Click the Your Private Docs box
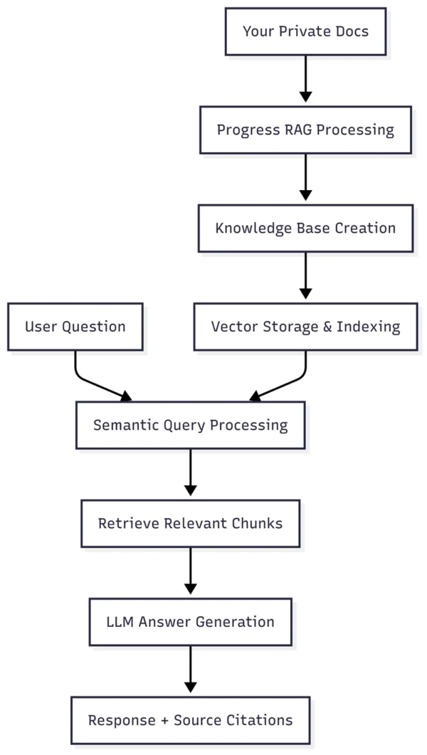click(x=305, y=31)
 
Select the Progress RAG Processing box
click(x=305, y=130)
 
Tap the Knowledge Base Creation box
click(x=305, y=228)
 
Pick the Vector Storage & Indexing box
click(x=305, y=327)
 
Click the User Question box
click(x=75, y=327)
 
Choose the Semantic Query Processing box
click(x=191, y=425)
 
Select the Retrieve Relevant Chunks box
click(x=191, y=523)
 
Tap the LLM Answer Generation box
click(x=191, y=621)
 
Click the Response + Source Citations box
click(x=191, y=719)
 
